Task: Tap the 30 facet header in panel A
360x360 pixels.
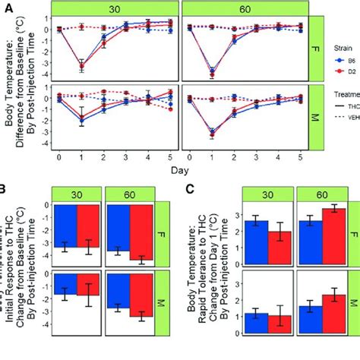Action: [x=114, y=9]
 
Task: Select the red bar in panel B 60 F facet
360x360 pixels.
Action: [x=141, y=232]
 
